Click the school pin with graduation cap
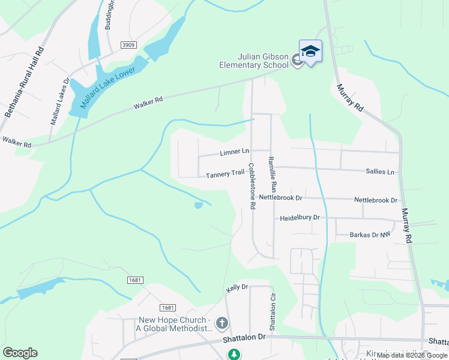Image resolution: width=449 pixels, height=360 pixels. click(x=310, y=52)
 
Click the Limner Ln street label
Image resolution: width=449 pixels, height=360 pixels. click(x=234, y=152)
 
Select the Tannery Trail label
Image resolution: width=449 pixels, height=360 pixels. click(x=224, y=174)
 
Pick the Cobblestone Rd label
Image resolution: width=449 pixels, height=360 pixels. click(x=253, y=186)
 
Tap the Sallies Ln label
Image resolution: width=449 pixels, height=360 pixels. click(x=380, y=172)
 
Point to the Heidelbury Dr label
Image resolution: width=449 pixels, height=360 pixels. click(x=300, y=218)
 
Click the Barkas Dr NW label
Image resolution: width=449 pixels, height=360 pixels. click(x=370, y=235)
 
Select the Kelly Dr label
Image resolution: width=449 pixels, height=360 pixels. click(x=237, y=288)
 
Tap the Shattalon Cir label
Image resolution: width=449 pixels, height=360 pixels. click(x=272, y=313)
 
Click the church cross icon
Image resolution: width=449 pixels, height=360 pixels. click(x=221, y=324)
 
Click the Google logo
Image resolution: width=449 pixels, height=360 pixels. click(x=20, y=353)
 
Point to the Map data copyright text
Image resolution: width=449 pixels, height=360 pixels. click(x=412, y=355)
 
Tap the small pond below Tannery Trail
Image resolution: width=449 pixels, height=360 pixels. click(x=199, y=206)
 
